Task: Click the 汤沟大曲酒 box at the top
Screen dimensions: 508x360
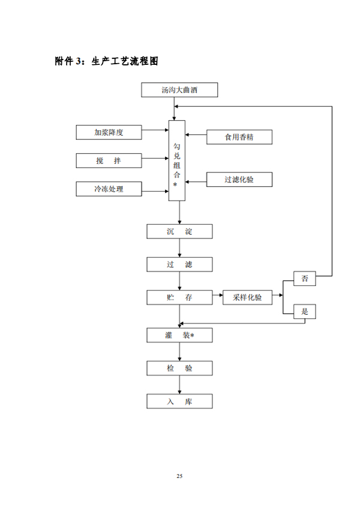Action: point(179,91)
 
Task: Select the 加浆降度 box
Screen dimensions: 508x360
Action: point(109,133)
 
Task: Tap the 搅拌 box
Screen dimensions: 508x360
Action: point(109,160)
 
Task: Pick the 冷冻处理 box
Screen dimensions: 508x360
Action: point(109,189)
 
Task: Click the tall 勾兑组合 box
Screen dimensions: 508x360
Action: point(176,161)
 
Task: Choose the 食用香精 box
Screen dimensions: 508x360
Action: point(239,137)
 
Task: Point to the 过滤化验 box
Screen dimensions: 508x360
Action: point(239,179)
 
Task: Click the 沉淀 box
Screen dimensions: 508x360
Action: point(179,232)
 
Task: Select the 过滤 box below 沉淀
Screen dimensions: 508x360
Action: point(179,264)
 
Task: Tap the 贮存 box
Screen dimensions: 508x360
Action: point(179,297)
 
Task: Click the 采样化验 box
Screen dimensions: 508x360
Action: point(247,297)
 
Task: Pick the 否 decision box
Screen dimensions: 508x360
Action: point(305,278)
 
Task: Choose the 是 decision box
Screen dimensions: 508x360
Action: point(305,311)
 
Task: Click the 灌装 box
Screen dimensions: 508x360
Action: point(179,335)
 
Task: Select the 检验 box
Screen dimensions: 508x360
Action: point(179,368)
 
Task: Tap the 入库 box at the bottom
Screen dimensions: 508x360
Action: point(179,401)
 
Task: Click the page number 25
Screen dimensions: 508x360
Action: point(179,476)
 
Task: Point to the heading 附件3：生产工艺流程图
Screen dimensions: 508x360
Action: point(106,61)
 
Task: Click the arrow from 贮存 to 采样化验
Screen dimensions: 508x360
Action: point(217,297)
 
